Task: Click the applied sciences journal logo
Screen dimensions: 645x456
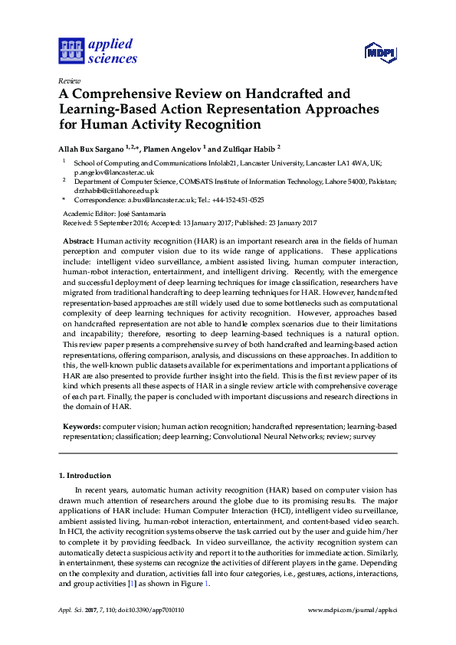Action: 98,51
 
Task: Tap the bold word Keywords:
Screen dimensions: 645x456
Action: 81,424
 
